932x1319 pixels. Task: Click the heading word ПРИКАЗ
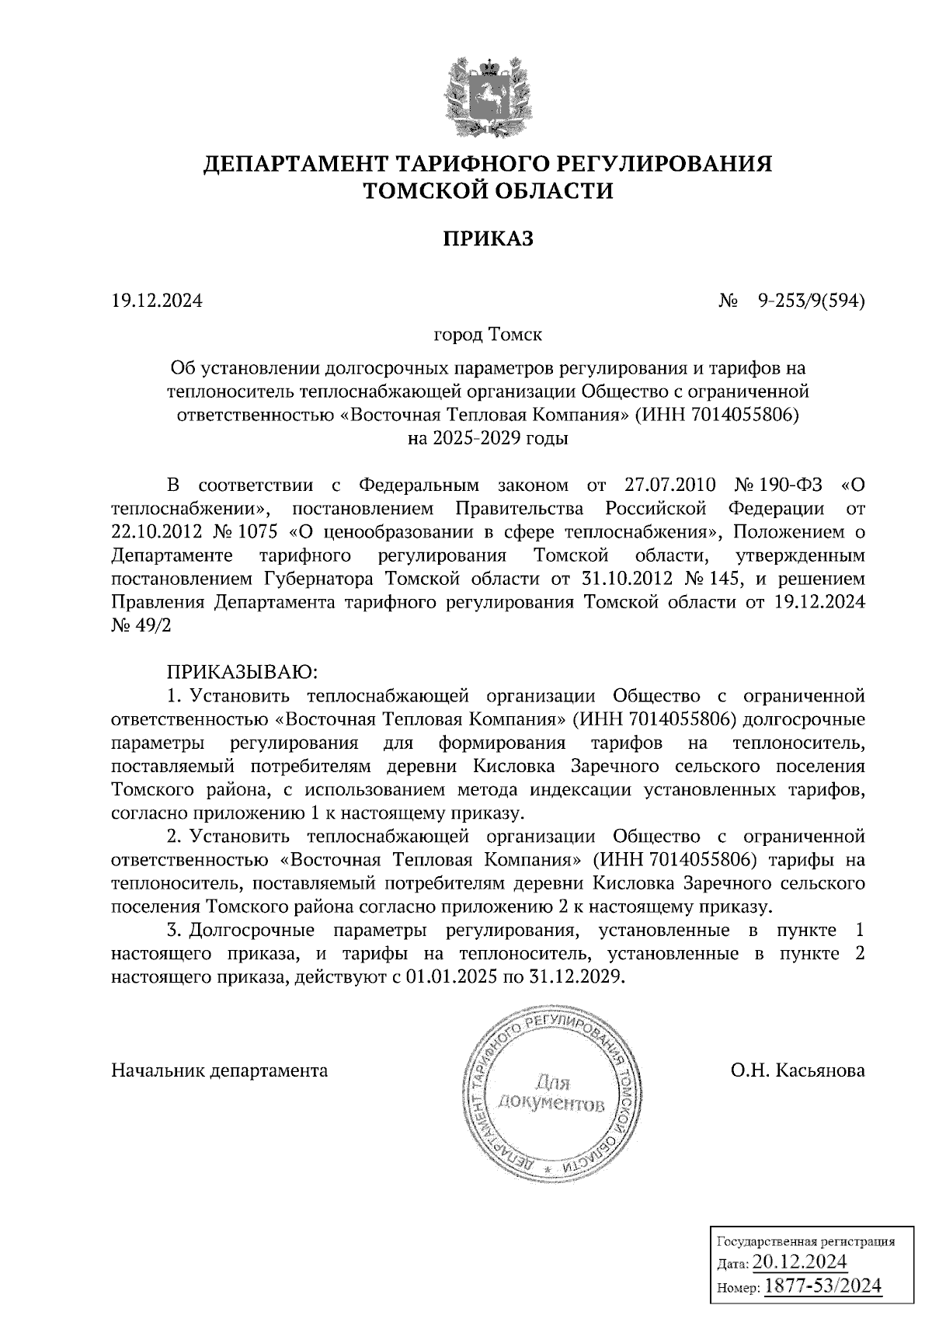point(488,238)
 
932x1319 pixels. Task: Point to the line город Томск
point(488,336)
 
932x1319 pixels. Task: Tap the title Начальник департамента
point(220,1070)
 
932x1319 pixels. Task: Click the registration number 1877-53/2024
point(823,1286)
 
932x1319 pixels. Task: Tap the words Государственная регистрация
point(804,1241)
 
